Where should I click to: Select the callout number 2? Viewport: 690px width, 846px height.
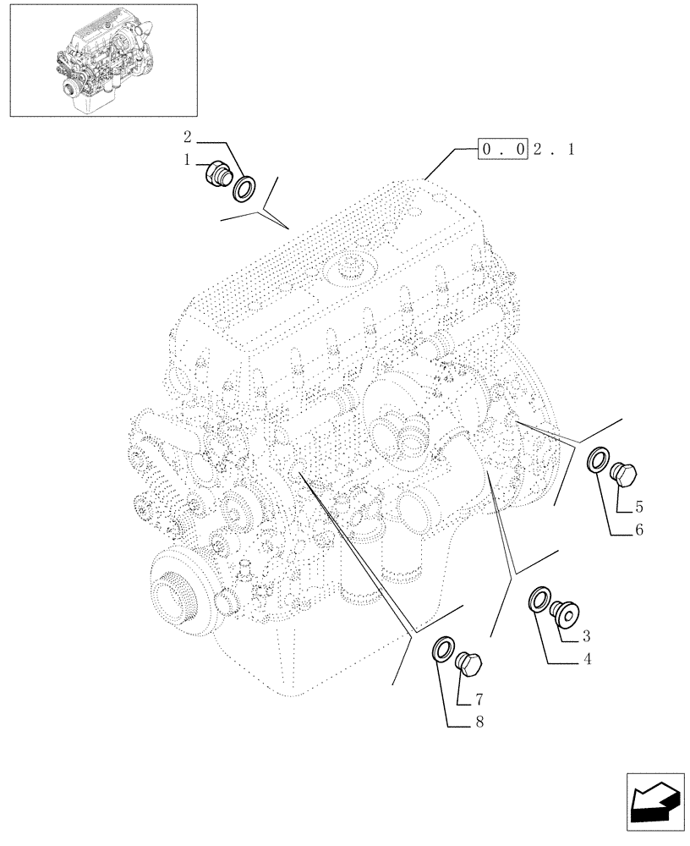pyautogui.click(x=188, y=136)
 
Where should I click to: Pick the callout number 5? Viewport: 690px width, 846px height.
pyautogui.click(x=638, y=508)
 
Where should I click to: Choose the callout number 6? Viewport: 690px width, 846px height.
pyautogui.click(x=638, y=530)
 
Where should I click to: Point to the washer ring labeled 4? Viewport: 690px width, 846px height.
pyautogui.click(x=539, y=601)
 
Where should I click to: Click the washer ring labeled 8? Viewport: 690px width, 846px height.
pyautogui.click(x=442, y=651)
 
